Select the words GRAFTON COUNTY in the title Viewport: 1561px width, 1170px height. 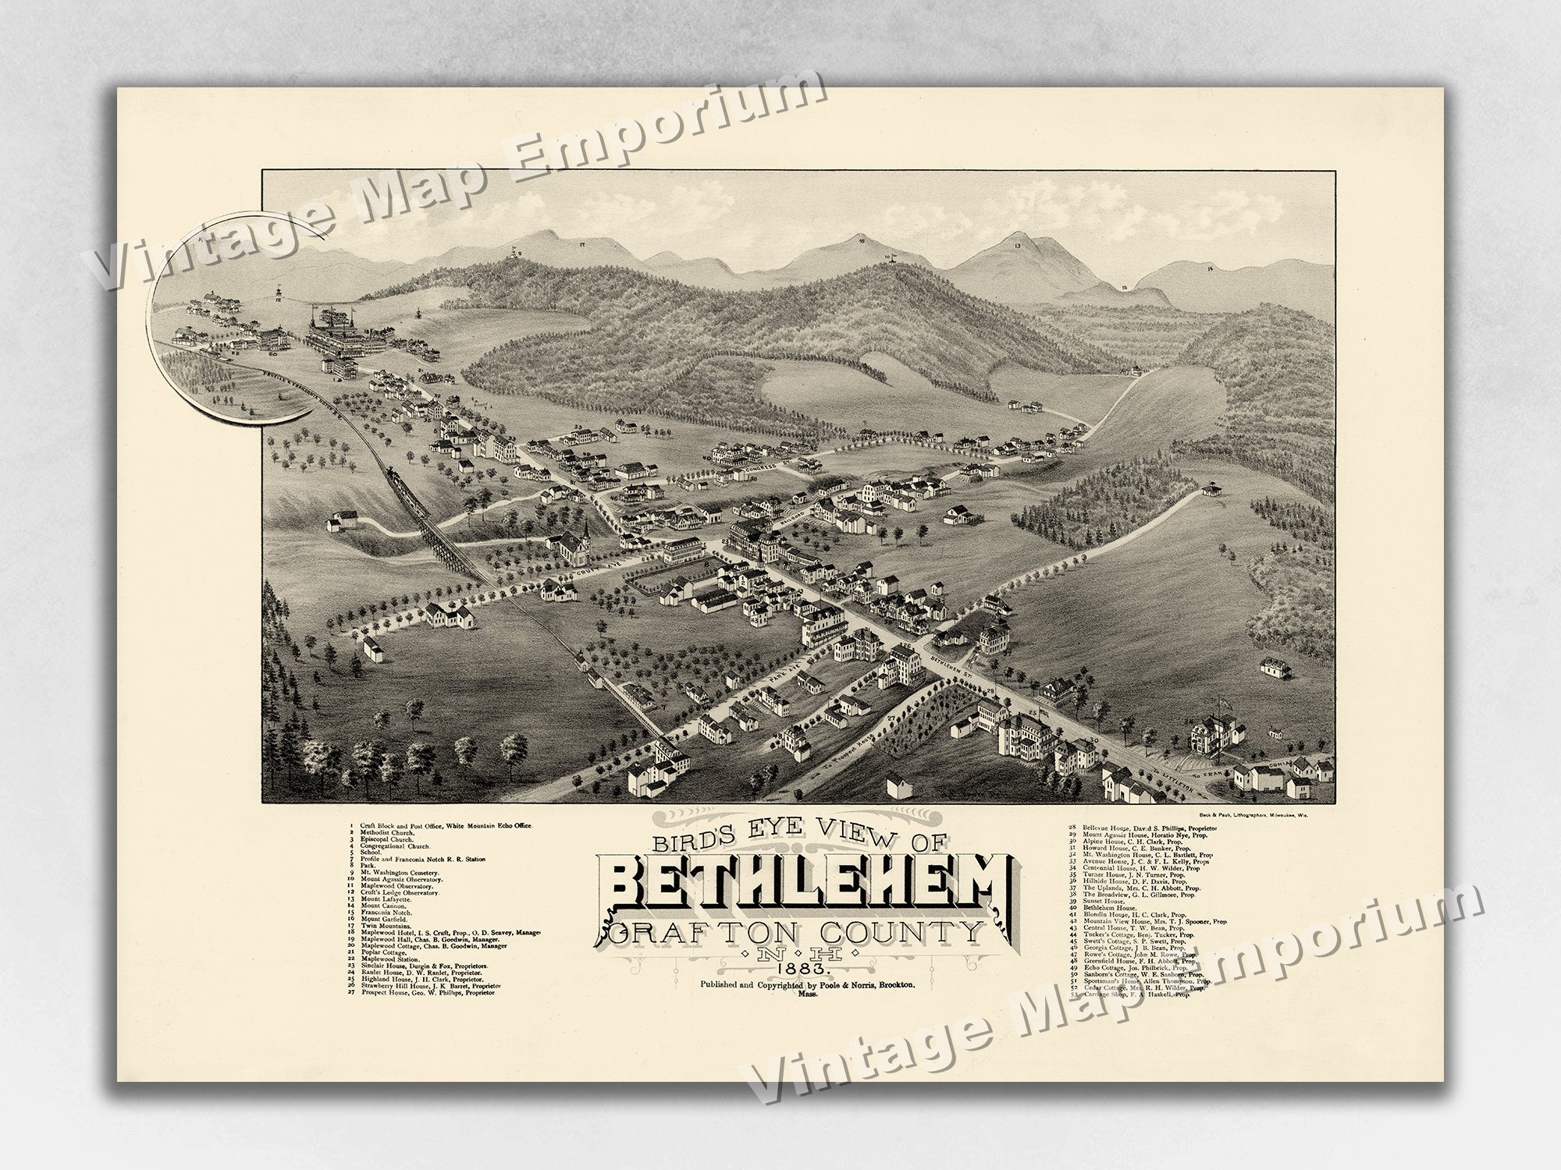(796, 932)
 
